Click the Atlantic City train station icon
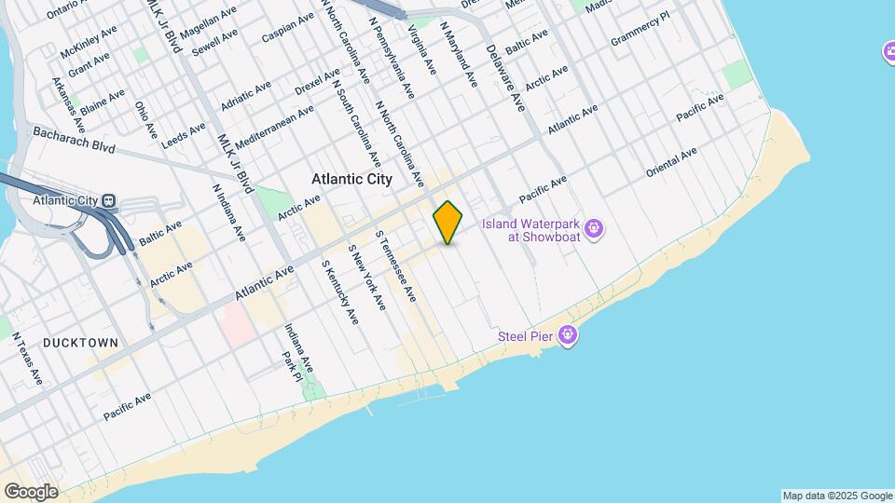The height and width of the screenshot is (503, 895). tap(109, 200)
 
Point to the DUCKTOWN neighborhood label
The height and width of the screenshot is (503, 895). tap(80, 343)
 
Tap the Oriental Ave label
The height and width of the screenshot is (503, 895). tap(671, 162)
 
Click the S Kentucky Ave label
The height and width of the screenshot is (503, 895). tap(339, 292)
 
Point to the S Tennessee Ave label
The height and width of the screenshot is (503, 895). tap(394, 265)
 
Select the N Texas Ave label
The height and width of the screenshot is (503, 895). tap(27, 358)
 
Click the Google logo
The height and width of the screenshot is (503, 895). tap(31, 491)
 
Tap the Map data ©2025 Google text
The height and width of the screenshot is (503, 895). tap(836, 496)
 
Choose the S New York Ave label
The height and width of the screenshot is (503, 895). tap(366, 278)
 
